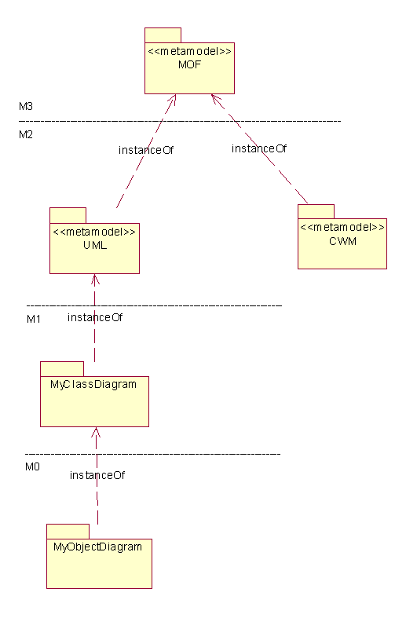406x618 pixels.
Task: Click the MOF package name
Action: [189, 64]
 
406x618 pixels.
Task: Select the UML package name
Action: [95, 245]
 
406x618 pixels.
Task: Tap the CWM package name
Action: [342, 241]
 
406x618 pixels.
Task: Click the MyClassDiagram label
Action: [93, 384]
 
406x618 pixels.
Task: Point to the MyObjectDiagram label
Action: [97, 547]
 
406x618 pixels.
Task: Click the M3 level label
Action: [26, 106]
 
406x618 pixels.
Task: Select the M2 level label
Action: [26, 134]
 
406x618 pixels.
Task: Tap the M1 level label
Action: [34, 319]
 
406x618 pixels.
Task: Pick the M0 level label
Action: [32, 466]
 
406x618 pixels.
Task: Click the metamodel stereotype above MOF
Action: [189, 51]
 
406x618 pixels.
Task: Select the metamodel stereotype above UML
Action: [94, 232]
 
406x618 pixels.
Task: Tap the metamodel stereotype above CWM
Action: [342, 227]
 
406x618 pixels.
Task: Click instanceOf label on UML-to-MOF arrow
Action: [146, 150]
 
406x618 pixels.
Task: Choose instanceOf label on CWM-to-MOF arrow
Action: [259, 148]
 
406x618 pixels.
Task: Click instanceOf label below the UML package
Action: [95, 317]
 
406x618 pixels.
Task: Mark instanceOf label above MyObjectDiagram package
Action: [97, 475]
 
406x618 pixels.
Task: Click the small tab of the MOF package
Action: [163, 35]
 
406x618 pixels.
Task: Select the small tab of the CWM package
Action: [316, 212]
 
